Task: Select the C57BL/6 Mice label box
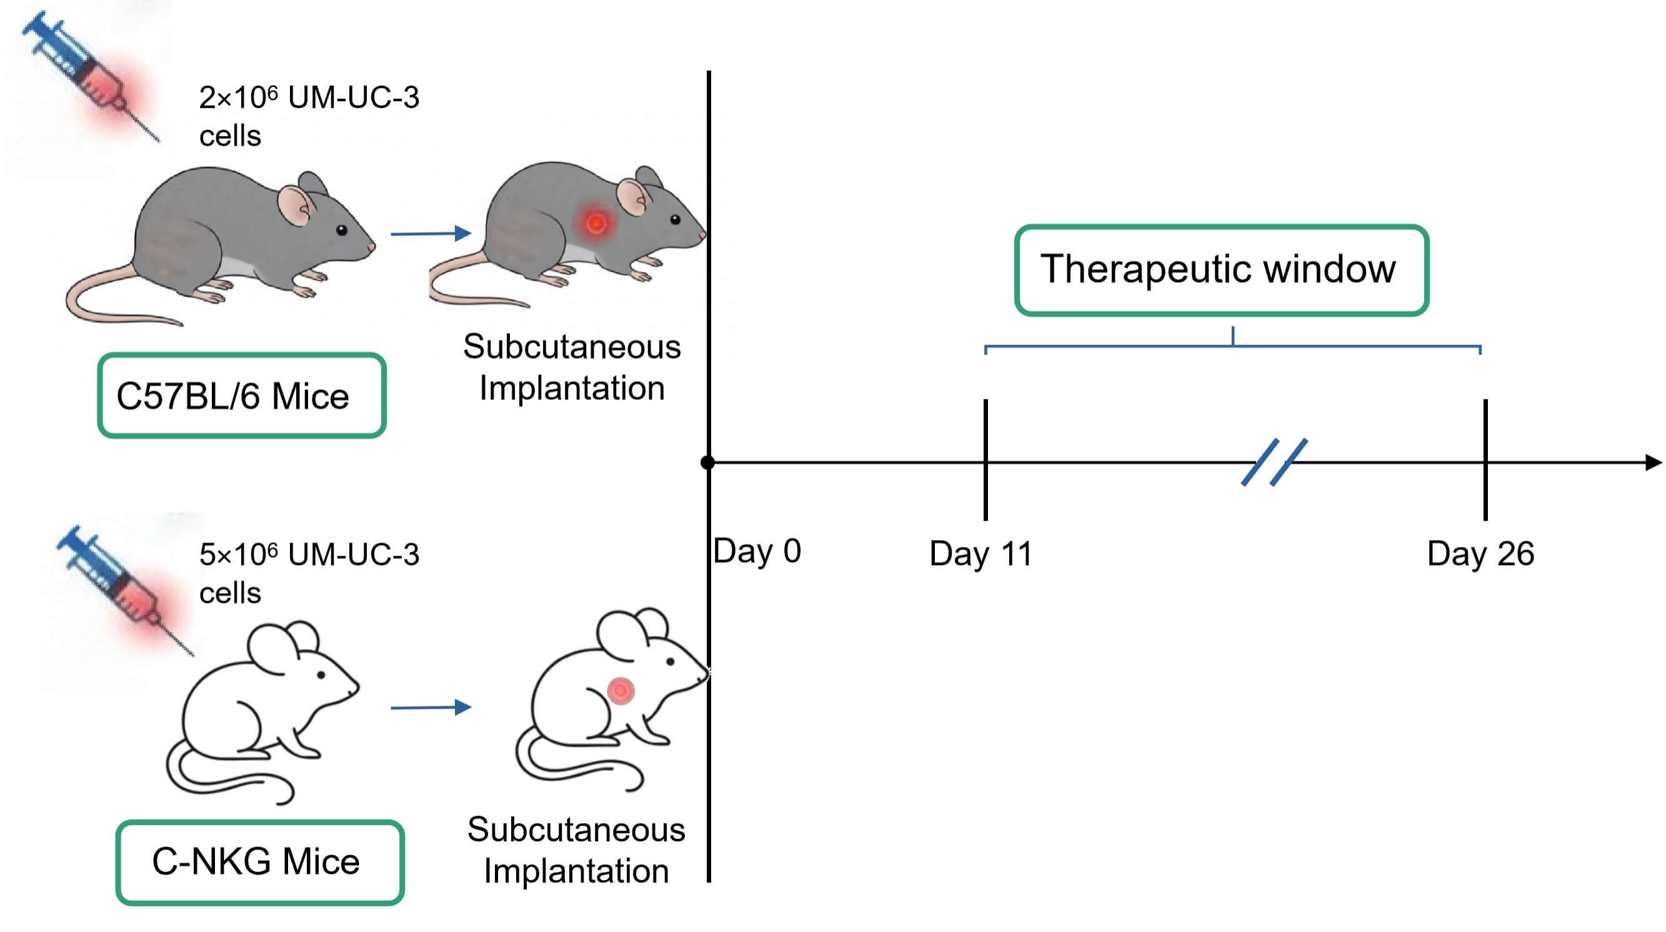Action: coord(241,396)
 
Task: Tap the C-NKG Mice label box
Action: coord(260,862)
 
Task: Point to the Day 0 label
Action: coord(757,552)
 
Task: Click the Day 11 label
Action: coord(980,554)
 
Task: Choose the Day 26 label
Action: coord(1480,554)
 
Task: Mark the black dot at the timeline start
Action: coord(707,463)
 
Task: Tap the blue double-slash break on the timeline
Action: coord(1274,462)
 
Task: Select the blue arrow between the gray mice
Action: coord(431,234)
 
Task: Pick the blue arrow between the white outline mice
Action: coord(431,708)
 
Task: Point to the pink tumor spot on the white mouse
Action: coord(621,691)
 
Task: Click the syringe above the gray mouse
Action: coord(91,74)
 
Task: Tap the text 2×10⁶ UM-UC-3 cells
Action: coord(309,116)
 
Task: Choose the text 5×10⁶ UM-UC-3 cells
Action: coord(309,574)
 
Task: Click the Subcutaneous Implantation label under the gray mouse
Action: coord(572,368)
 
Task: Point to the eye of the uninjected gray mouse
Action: coord(341,229)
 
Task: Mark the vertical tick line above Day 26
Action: coord(1485,459)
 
